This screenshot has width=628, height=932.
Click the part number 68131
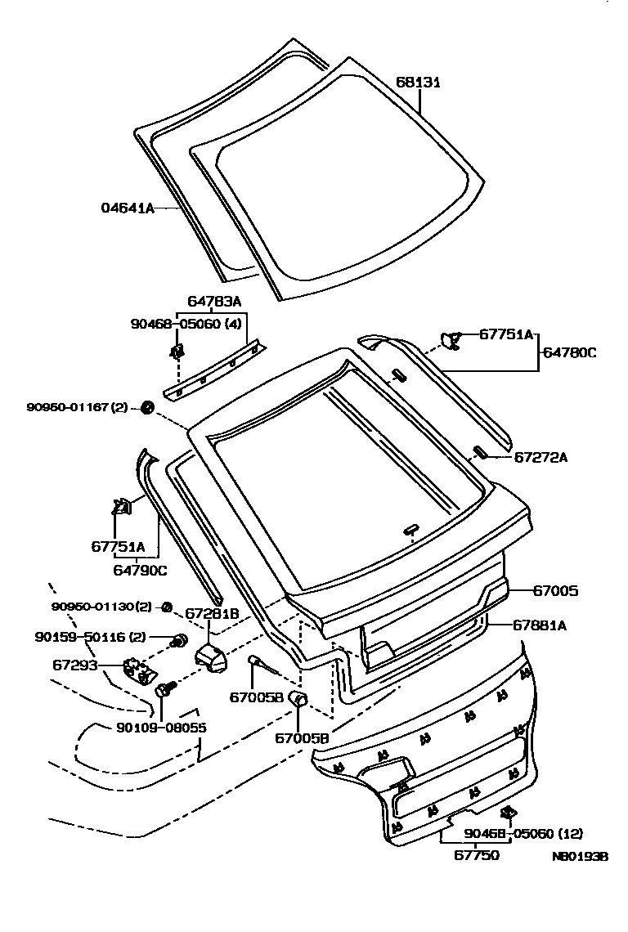419,83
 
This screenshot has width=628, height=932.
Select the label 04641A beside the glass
128,208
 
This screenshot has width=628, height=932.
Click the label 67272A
541,457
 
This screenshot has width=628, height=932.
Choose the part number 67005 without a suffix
556,589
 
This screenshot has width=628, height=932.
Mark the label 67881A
540,625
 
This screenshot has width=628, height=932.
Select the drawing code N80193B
580,857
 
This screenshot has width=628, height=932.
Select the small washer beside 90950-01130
166,607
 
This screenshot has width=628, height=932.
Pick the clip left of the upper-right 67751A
449,338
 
